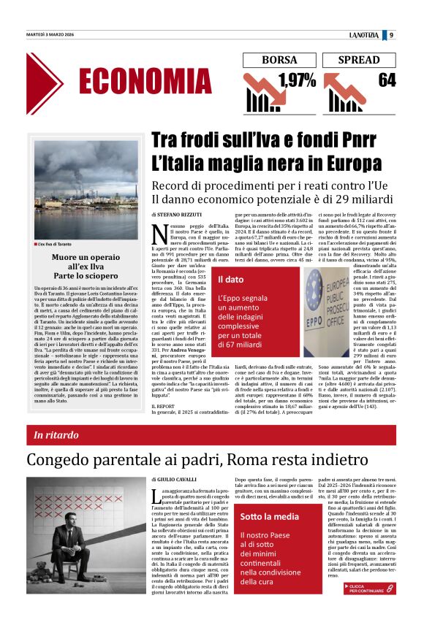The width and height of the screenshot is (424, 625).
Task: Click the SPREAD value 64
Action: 386,80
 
